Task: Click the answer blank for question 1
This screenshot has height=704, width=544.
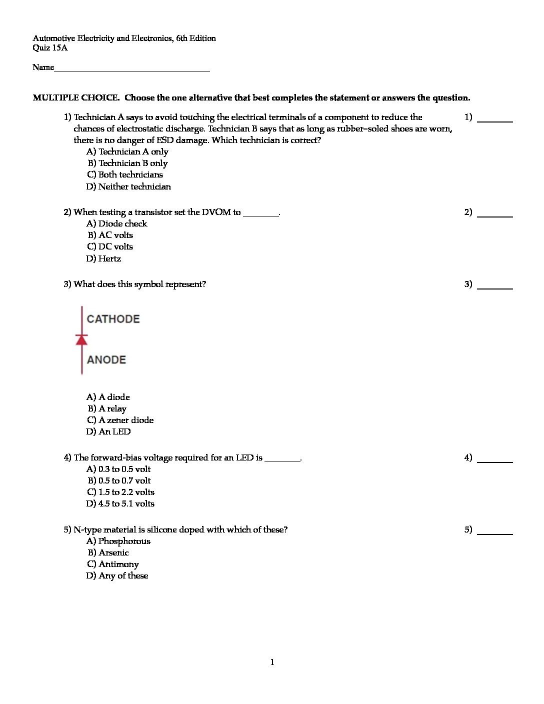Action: pyautogui.click(x=495, y=119)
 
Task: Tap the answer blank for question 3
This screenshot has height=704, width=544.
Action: pyautogui.click(x=495, y=286)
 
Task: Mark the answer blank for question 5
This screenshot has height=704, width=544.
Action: pyautogui.click(x=495, y=532)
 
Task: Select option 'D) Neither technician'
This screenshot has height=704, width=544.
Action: pyautogui.click(x=128, y=186)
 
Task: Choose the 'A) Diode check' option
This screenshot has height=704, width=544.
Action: pyautogui.click(x=116, y=223)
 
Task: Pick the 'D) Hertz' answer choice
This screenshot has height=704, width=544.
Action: pyautogui.click(x=103, y=258)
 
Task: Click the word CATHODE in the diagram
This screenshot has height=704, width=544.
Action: pyautogui.click(x=113, y=319)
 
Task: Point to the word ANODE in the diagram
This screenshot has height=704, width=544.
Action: pyautogui.click(x=106, y=359)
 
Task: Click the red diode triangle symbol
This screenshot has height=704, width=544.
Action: pyautogui.click(x=81, y=339)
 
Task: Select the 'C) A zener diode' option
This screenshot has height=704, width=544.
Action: pyautogui.click(x=120, y=420)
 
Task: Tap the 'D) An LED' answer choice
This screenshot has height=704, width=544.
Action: pyautogui.click(x=108, y=431)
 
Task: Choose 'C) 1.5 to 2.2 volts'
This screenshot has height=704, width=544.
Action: pyautogui.click(x=120, y=492)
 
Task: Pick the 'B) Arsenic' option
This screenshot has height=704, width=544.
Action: pyautogui.click(x=108, y=552)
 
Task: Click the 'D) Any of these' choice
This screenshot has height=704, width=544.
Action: pyautogui.click(x=117, y=575)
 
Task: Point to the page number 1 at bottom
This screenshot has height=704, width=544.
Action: pyautogui.click(x=272, y=662)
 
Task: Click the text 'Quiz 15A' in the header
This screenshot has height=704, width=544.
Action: pyautogui.click(x=50, y=48)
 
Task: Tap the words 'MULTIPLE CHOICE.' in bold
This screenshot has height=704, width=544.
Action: pyautogui.click(x=76, y=98)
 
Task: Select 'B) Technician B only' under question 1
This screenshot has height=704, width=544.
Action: pyautogui.click(x=127, y=163)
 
